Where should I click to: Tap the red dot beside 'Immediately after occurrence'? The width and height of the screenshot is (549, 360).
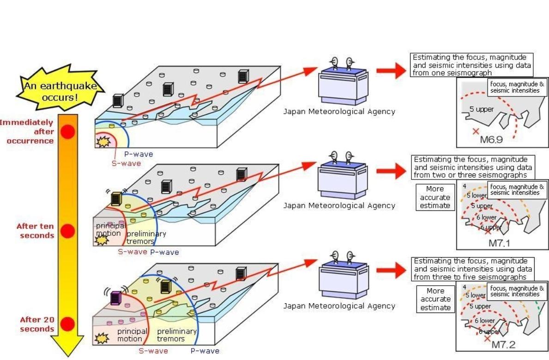[68, 132]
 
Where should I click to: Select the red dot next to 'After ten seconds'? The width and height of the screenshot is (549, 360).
[68, 231]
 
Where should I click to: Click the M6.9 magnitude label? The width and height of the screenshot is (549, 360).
[491, 139]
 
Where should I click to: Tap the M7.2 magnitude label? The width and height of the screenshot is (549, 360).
[503, 344]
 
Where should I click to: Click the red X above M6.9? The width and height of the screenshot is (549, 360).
[476, 132]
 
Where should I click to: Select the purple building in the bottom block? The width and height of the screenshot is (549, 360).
[115, 298]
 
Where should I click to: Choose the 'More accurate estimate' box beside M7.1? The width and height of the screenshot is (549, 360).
[435, 197]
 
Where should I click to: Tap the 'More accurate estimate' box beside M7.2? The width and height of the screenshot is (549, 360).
[435, 299]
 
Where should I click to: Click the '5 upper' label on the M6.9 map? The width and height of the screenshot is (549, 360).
[482, 109]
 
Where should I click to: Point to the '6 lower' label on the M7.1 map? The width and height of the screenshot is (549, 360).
[487, 216]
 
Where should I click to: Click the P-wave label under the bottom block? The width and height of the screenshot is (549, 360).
[205, 351]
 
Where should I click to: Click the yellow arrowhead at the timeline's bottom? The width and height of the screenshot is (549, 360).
[68, 346]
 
